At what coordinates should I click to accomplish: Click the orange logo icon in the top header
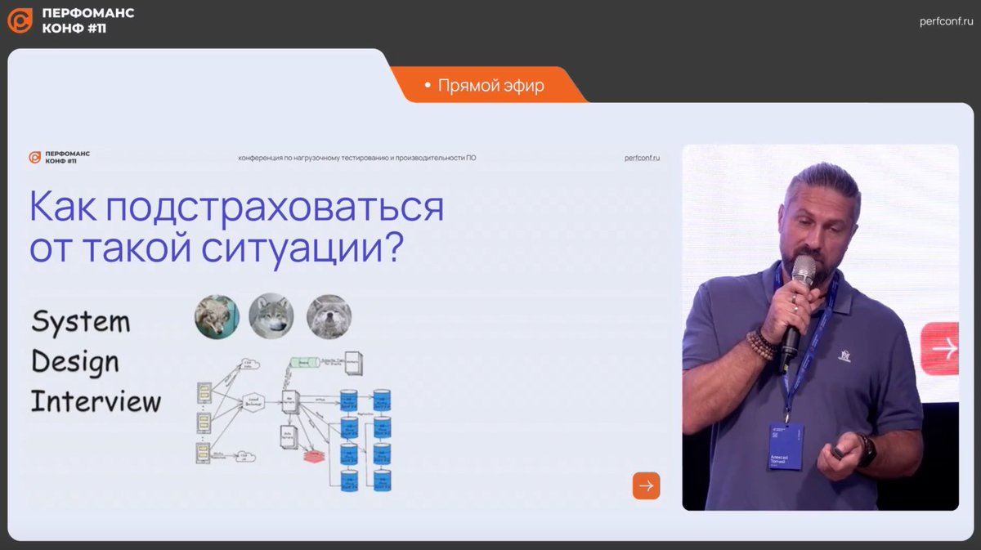[20, 20]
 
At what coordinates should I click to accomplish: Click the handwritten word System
[80, 321]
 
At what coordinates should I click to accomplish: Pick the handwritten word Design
[75, 360]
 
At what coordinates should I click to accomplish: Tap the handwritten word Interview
[96, 401]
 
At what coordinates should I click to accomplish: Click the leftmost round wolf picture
[217, 316]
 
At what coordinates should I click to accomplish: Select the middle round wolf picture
[271, 316]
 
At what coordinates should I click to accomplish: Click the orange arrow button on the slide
[646, 485]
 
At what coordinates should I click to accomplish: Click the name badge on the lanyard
[785, 446]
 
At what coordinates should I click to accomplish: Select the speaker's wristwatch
[867, 450]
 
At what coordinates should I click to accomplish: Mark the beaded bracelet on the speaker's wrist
[761, 343]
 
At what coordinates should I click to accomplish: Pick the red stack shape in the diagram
[314, 456]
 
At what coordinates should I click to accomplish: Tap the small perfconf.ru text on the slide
[642, 158]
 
